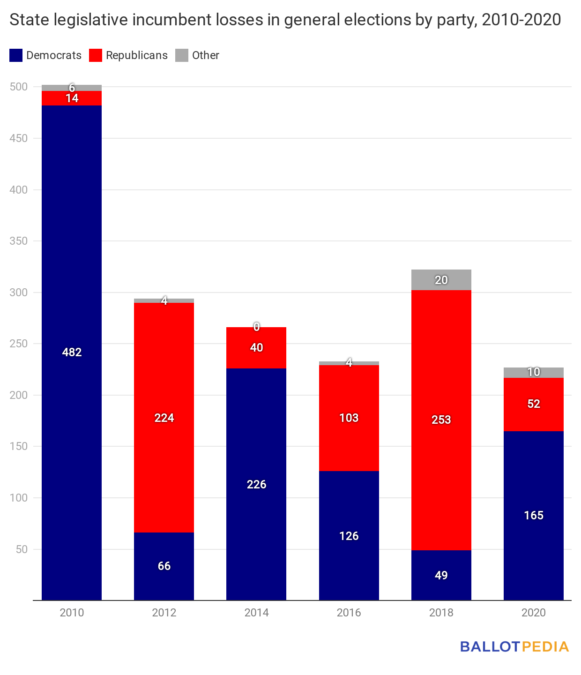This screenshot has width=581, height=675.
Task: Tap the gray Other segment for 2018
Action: coord(441,280)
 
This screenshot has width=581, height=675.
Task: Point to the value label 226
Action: coord(256,484)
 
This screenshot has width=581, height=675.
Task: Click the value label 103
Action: coord(349,418)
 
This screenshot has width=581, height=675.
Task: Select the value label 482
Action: coord(72,352)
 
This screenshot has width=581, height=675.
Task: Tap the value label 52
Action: coord(533,404)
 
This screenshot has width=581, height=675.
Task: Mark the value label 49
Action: coord(441,575)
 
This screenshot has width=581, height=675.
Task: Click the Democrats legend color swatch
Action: coord(16,55)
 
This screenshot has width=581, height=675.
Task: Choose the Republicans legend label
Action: coord(136,55)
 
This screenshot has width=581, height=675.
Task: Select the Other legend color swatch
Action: coord(182,55)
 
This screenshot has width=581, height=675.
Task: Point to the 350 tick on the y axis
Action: coord(19,241)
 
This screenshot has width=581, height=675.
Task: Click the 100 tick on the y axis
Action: coord(19,498)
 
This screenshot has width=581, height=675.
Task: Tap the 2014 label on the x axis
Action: coord(256,613)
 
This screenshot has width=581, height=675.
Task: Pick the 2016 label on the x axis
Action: coord(349,613)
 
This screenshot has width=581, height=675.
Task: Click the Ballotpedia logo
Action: coord(514,647)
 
